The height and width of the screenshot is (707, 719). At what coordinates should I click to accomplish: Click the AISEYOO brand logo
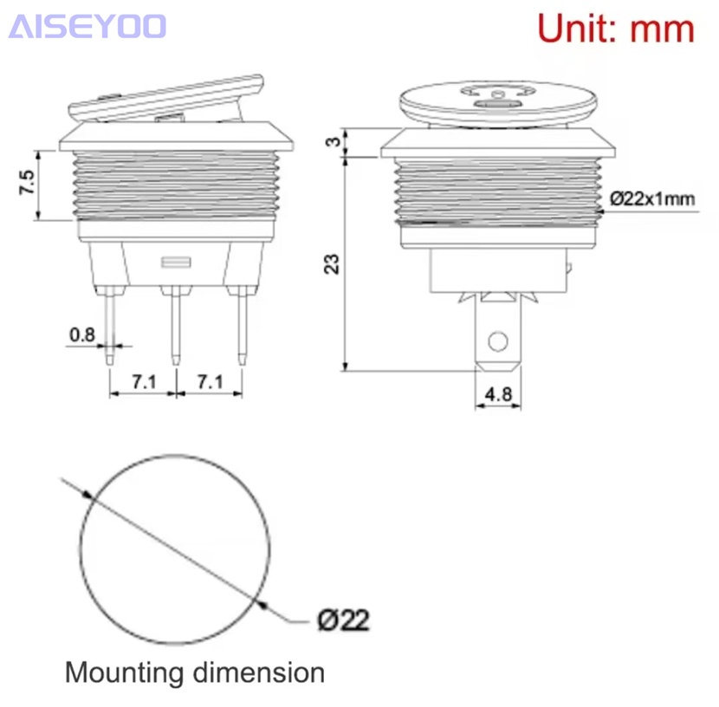click(87, 27)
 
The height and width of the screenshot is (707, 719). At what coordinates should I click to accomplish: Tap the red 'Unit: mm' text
click(616, 29)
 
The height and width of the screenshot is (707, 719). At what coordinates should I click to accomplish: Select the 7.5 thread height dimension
click(27, 182)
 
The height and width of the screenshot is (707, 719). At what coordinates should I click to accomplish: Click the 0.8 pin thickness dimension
click(82, 334)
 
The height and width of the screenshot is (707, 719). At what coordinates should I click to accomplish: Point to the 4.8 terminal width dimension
click(498, 394)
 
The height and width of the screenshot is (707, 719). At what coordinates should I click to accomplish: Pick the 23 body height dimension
click(332, 264)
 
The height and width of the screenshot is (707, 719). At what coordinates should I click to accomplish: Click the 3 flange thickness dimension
click(334, 142)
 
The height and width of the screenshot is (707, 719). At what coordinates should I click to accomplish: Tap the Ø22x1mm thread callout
click(652, 199)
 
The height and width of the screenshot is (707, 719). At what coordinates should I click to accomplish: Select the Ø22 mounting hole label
click(343, 620)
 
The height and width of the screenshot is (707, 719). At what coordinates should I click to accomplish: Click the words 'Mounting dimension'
click(195, 672)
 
